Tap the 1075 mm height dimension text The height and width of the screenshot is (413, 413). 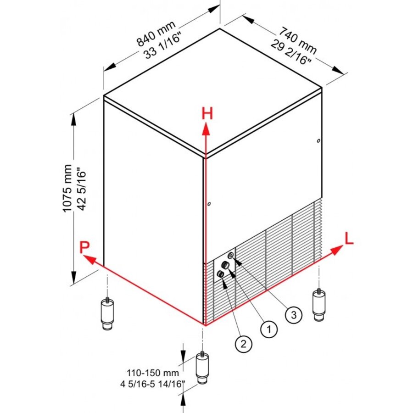pos(68,188)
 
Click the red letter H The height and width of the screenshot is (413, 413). pos(207,114)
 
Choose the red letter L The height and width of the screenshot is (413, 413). pos(349,239)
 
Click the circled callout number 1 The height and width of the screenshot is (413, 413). pos(269,329)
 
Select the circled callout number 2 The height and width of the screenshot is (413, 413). pos(244,343)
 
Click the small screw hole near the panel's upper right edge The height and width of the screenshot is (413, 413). pos(318,141)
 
